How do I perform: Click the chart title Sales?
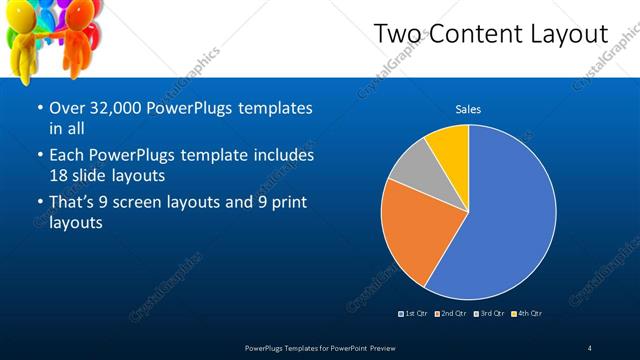click(468, 109)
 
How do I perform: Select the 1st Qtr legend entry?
click(416, 314)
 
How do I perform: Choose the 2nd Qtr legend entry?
click(454, 314)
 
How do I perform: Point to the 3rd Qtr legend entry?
click(490, 314)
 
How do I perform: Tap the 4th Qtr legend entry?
click(528, 314)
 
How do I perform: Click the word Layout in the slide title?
click(564, 34)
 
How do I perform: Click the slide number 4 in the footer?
click(590, 348)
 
